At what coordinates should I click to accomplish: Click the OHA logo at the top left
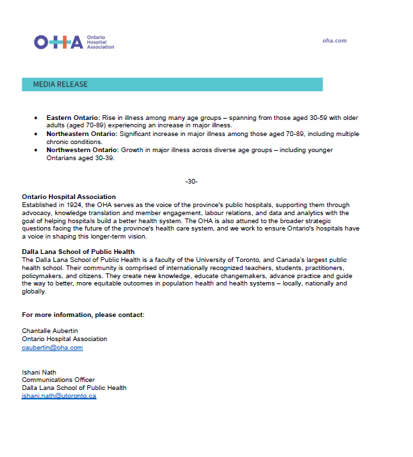(74, 42)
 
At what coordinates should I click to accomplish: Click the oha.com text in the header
(334, 40)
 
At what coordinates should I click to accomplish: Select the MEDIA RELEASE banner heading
(60, 84)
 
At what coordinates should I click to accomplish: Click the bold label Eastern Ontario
(72, 117)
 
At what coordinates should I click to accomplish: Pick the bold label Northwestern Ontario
(82, 150)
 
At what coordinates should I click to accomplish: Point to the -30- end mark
(191, 182)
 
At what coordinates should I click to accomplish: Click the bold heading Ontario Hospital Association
(68, 197)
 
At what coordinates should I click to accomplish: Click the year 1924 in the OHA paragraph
(74, 204)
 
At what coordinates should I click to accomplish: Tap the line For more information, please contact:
(83, 314)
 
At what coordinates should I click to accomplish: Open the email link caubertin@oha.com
(52, 348)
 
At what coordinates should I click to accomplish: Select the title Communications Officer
(58, 380)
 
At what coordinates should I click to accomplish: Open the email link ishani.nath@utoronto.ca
(59, 396)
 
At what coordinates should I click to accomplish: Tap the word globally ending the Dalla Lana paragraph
(34, 291)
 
